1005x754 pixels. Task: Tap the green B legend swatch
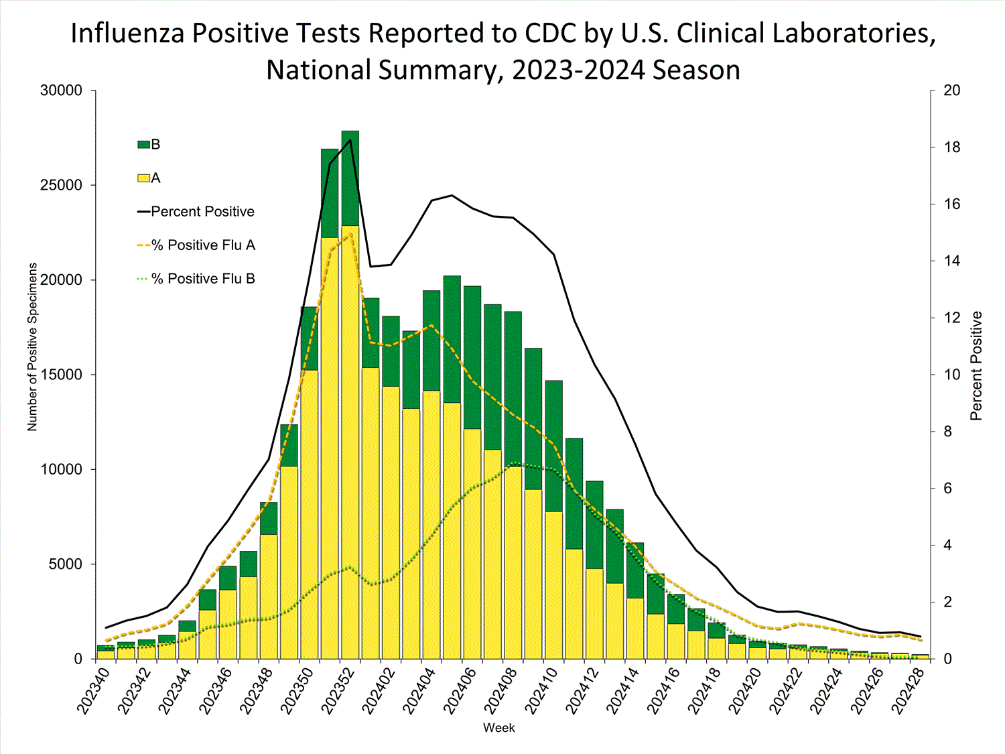click(x=143, y=145)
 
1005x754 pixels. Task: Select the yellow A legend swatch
click(x=143, y=178)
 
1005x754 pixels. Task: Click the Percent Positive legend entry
click(x=202, y=212)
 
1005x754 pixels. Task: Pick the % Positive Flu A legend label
click(x=203, y=245)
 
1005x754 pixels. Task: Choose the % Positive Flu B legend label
click(x=203, y=279)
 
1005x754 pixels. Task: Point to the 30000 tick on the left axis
click(x=61, y=90)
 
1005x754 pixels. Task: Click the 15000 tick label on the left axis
click(x=61, y=375)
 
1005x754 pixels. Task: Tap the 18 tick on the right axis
click(x=951, y=147)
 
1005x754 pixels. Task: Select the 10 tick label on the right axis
click(x=951, y=375)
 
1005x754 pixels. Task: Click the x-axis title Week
click(x=499, y=728)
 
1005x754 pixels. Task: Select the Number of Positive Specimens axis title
click(x=33, y=347)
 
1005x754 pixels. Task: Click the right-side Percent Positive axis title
click(x=976, y=366)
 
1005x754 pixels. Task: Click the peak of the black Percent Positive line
click(x=350, y=140)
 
